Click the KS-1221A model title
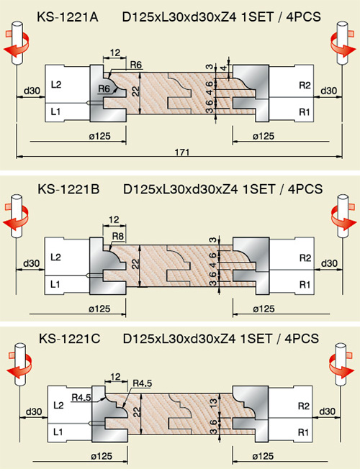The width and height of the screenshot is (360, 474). pyautogui.click(x=68, y=17)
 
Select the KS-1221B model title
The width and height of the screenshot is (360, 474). pyautogui.click(x=68, y=189)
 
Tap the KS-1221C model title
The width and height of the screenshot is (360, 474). pyautogui.click(x=69, y=338)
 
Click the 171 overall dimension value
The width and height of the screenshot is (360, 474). pyautogui.click(x=182, y=152)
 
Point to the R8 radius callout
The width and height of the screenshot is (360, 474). pyautogui.click(x=117, y=236)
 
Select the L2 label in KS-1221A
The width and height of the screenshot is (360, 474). pyautogui.click(x=56, y=84)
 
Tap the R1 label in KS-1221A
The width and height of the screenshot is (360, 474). pyautogui.click(x=305, y=112)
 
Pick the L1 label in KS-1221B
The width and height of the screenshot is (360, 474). pyautogui.click(x=55, y=284)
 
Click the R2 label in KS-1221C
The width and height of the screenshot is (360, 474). pyautogui.click(x=303, y=406)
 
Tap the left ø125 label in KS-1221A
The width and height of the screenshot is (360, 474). pyautogui.click(x=100, y=137)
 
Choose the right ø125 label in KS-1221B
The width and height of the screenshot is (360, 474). pyautogui.click(x=264, y=309)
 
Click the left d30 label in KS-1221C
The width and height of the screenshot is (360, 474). pyautogui.click(x=34, y=411)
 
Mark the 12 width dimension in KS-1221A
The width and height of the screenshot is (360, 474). pyautogui.click(x=115, y=53)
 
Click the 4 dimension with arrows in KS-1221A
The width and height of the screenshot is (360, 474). pyautogui.click(x=224, y=68)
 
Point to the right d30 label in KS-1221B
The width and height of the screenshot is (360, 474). pyautogui.click(x=329, y=263)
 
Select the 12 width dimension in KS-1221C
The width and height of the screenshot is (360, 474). pyautogui.click(x=116, y=377)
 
